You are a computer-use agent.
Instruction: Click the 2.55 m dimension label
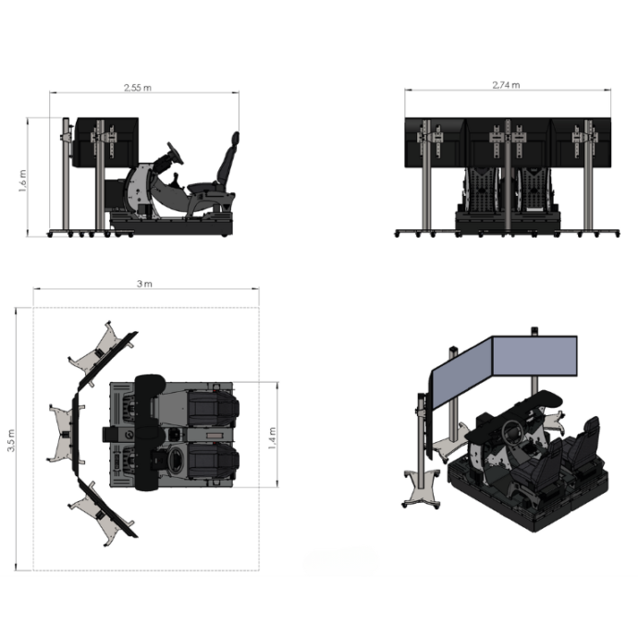click(139, 88)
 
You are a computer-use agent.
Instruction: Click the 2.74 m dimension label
click(506, 85)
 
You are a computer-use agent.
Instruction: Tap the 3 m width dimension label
click(143, 284)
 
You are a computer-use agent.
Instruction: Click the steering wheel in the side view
click(175, 153)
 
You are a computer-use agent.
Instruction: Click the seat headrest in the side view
click(235, 141)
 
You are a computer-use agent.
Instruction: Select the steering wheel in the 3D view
click(510, 431)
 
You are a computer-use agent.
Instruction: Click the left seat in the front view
click(483, 190)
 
